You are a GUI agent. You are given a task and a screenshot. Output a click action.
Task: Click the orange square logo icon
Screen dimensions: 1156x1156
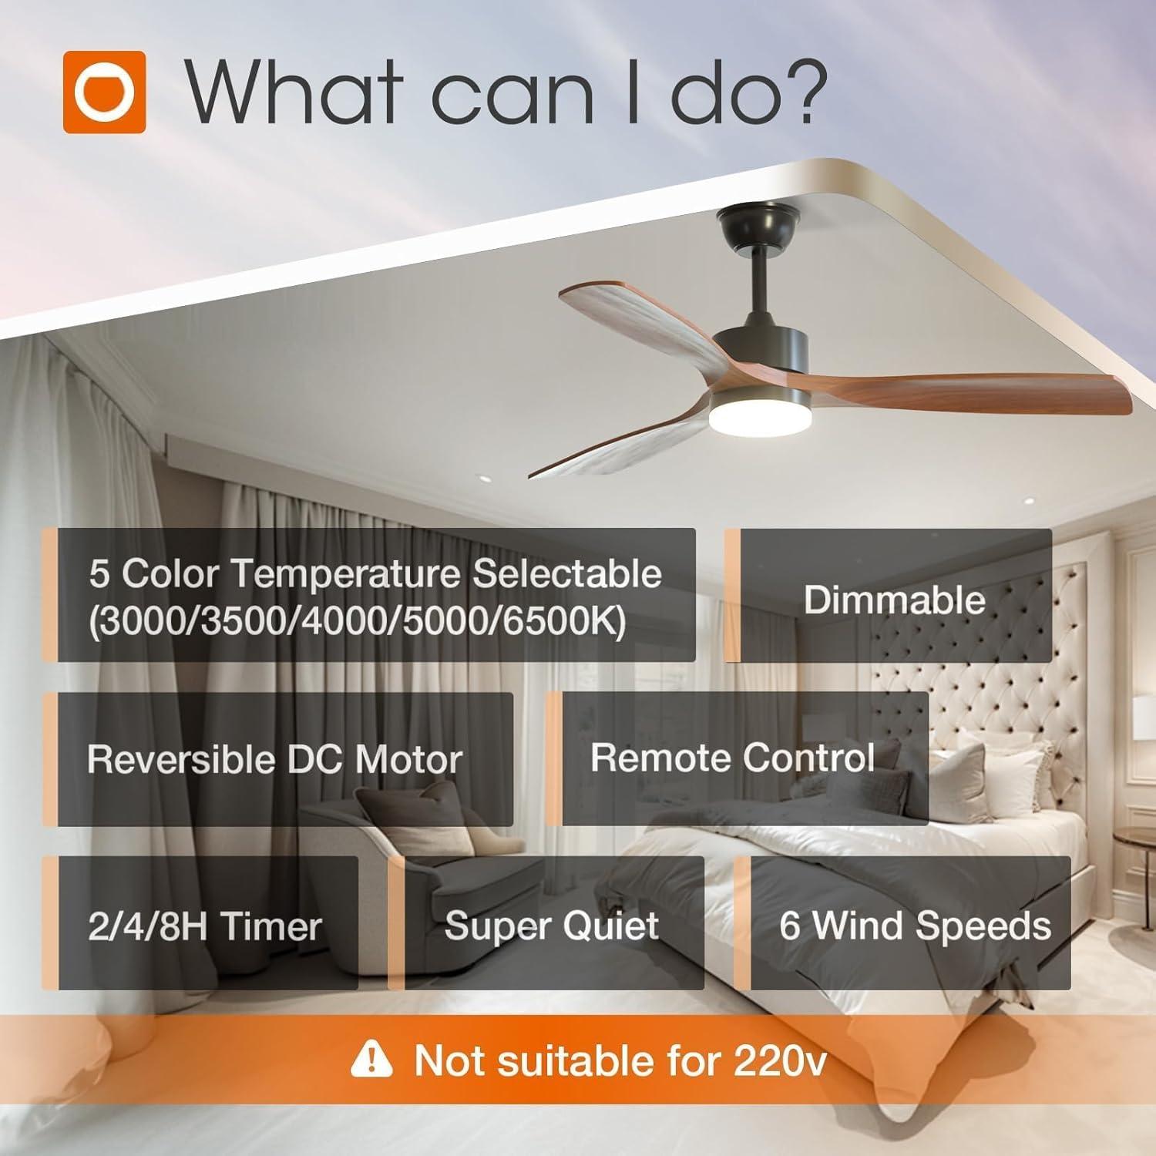click(104, 92)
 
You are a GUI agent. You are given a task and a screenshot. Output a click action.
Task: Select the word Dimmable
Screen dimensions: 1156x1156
click(894, 599)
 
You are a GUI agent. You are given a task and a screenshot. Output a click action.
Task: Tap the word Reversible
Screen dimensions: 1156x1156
click(179, 760)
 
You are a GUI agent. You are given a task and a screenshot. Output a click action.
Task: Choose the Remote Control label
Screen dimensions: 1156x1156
click(732, 758)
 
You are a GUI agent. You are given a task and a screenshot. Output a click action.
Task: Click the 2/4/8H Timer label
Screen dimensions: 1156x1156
click(205, 926)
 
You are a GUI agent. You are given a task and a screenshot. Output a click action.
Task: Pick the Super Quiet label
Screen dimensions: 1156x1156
click(552, 926)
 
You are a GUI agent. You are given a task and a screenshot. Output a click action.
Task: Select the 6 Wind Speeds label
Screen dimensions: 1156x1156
click(915, 926)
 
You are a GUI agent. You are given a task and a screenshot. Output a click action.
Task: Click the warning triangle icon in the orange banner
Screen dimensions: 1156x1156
click(371, 1060)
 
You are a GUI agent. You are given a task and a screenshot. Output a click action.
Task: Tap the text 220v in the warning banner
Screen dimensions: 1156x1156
click(780, 1060)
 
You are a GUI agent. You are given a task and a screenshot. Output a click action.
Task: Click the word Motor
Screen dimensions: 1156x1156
click(408, 760)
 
